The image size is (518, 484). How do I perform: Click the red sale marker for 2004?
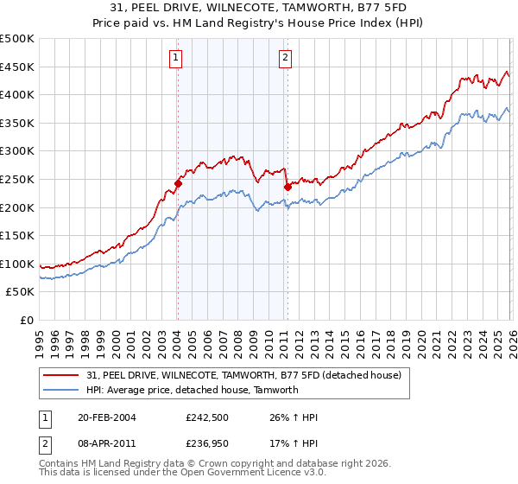coord(178,183)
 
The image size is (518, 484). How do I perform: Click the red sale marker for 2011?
coord(286,186)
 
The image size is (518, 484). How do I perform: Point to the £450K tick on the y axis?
coord(18,67)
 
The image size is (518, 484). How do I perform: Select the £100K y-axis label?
coord(18,264)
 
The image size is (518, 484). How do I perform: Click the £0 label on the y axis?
coord(28,320)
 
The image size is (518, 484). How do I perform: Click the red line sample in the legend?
coord(60,376)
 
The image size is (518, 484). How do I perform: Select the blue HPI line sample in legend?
coord(60,390)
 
